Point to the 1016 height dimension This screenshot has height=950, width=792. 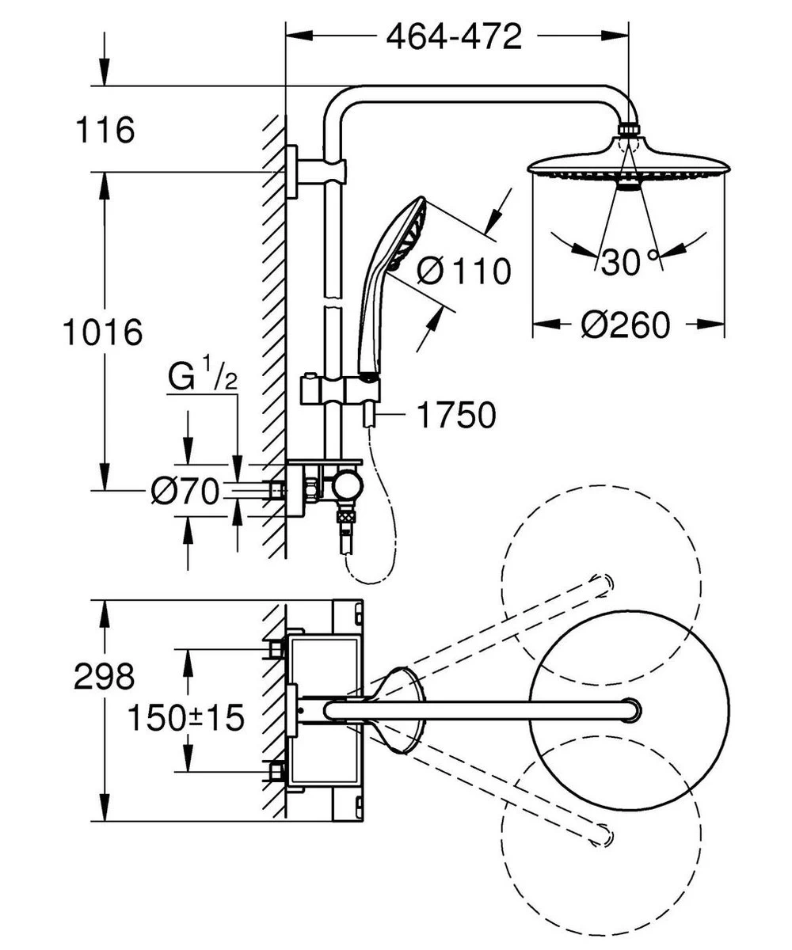102,332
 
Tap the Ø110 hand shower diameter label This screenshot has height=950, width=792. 463,272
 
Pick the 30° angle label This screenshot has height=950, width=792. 630,261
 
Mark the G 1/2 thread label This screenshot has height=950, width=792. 203,378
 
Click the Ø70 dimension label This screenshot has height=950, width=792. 185,492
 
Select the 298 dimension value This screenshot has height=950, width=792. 104,677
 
